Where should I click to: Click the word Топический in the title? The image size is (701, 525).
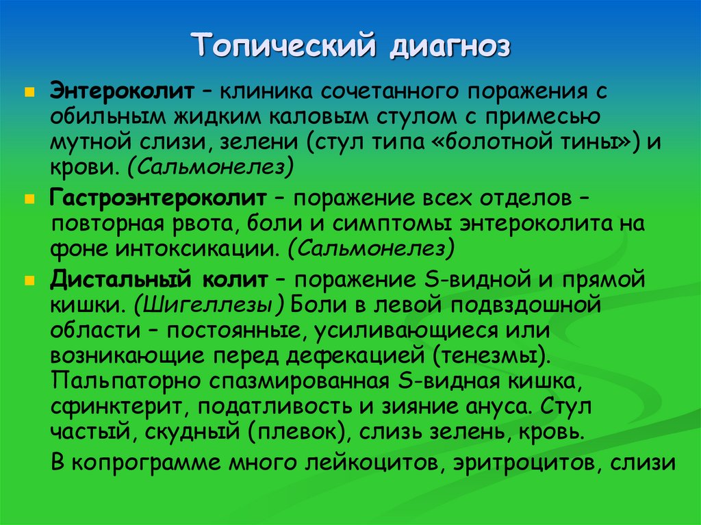pos(285,47)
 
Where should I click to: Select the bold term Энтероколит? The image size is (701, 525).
pos(121,91)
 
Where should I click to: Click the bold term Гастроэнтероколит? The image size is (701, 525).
pos(157,198)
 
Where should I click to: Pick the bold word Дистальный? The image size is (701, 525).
pos(120,280)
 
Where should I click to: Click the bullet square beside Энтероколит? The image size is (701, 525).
pos(29,91)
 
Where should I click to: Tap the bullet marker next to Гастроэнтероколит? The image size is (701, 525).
pos(29,198)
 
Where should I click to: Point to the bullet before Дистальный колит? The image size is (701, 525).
pos(29,281)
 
